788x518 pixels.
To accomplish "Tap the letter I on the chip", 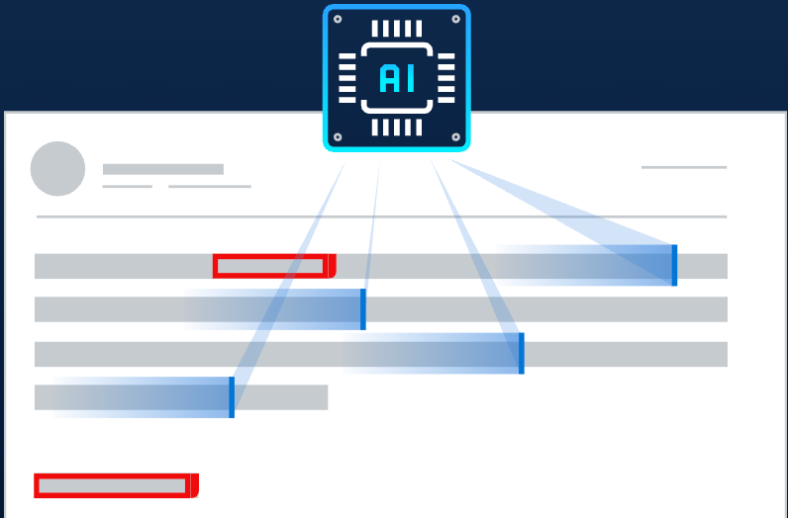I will point(410,78).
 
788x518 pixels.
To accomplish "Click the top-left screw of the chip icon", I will point(339,20).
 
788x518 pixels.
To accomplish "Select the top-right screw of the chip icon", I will point(455,20).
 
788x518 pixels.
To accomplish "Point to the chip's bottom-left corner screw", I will point(339,136).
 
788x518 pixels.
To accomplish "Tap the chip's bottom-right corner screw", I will point(455,136).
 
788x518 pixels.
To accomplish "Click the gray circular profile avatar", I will point(57,168).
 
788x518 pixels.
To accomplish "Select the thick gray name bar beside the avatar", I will point(163,169).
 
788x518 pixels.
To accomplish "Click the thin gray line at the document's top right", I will point(684,167).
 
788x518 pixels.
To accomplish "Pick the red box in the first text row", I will point(271,266).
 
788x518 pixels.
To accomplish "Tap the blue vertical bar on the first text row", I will point(674,265).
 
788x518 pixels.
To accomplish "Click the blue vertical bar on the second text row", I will point(363,308).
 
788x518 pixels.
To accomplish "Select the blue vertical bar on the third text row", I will point(521,353).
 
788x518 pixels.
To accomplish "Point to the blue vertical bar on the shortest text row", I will point(232,396).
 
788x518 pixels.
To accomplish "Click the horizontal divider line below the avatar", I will point(381,216).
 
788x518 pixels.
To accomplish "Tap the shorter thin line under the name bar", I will point(128,186).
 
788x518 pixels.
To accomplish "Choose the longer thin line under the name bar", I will point(210,186).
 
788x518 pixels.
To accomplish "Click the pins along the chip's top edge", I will point(397,29).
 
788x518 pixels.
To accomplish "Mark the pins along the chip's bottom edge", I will point(397,128).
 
